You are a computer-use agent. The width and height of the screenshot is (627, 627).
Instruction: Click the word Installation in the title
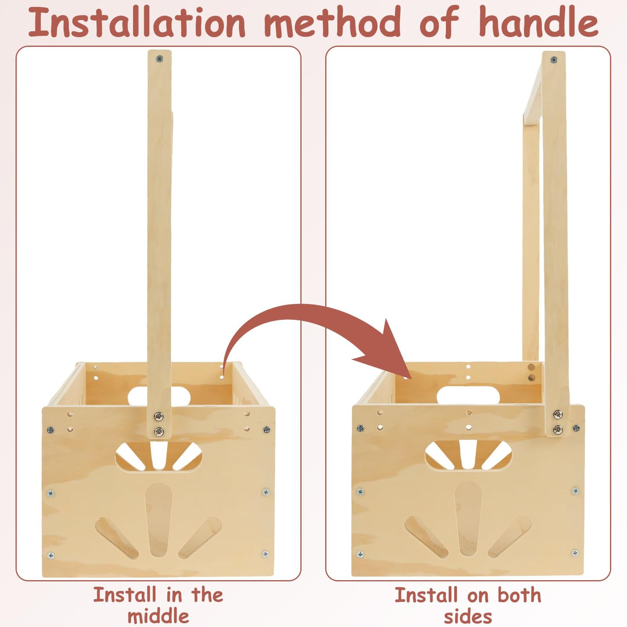tap(137, 22)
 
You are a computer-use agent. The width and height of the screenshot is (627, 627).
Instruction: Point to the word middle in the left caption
tap(158, 616)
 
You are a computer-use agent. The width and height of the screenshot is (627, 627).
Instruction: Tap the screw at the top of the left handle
tap(159, 59)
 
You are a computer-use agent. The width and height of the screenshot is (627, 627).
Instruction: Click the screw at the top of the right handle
tap(554, 60)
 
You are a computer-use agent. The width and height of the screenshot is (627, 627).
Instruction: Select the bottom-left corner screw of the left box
tap(51, 555)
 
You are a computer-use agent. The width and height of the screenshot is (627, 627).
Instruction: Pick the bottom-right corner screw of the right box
tap(575, 553)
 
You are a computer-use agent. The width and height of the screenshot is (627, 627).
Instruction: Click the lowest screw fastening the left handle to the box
tap(159, 432)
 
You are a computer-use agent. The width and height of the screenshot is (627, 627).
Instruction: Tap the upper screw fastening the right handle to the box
tap(558, 414)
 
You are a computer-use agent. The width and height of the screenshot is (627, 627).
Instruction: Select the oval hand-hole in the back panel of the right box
tap(468, 395)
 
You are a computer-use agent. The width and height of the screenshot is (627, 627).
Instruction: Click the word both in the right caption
tap(519, 595)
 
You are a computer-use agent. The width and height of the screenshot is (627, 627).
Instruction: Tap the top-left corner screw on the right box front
tap(361, 428)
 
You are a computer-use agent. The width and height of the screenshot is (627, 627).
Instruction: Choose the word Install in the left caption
tap(125, 595)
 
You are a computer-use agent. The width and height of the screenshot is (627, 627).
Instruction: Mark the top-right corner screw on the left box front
tap(267, 430)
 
